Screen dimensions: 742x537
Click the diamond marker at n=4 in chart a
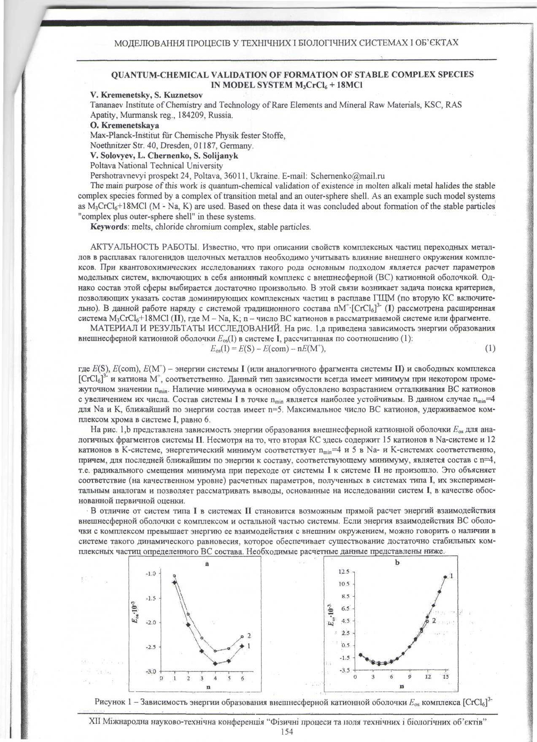coord(215,663)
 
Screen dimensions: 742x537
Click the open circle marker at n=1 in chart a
coord(175,575)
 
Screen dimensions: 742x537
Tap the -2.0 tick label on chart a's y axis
coord(151,623)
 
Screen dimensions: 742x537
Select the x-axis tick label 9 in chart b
coord(409,677)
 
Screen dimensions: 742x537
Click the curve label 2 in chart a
coord(249,636)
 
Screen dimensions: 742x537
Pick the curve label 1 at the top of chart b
coord(451,576)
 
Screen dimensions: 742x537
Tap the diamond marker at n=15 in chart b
coord(445,577)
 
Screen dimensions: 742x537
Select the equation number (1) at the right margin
coord(490,349)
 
